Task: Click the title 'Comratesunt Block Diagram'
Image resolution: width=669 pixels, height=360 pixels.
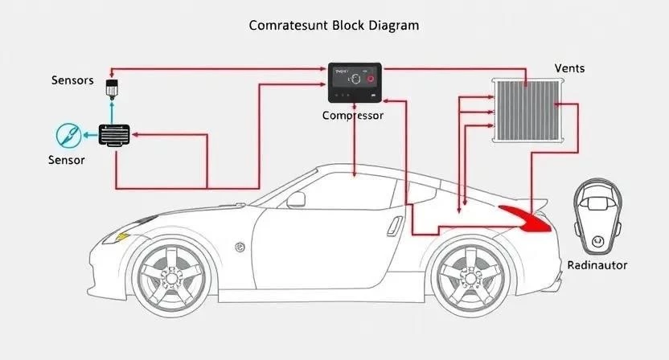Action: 334,26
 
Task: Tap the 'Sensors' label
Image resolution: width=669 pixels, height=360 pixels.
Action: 72,80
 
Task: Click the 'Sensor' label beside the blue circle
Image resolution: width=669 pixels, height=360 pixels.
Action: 66,160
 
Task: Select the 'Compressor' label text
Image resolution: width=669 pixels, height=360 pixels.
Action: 353,115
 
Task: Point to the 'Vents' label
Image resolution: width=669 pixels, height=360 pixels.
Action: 569,68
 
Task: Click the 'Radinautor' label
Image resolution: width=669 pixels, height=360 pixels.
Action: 597,264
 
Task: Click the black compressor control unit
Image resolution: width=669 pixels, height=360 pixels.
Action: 354,83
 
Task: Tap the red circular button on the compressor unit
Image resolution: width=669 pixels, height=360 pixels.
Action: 371,80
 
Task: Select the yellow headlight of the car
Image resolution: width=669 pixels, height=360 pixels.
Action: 122,237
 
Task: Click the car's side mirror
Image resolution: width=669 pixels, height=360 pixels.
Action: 296,199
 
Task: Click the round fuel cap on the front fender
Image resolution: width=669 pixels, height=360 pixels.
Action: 240,247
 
